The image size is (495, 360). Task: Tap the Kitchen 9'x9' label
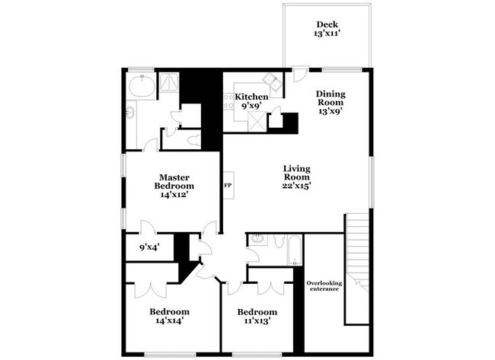251,101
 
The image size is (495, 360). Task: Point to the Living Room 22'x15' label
297,177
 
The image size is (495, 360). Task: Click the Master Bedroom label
174,185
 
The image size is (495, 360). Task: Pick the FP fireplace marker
227,185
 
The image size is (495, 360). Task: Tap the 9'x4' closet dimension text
148,247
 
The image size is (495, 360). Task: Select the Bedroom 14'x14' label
168,316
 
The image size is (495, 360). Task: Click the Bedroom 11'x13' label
257,316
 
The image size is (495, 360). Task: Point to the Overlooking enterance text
324,287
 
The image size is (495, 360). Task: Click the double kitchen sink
271,82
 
